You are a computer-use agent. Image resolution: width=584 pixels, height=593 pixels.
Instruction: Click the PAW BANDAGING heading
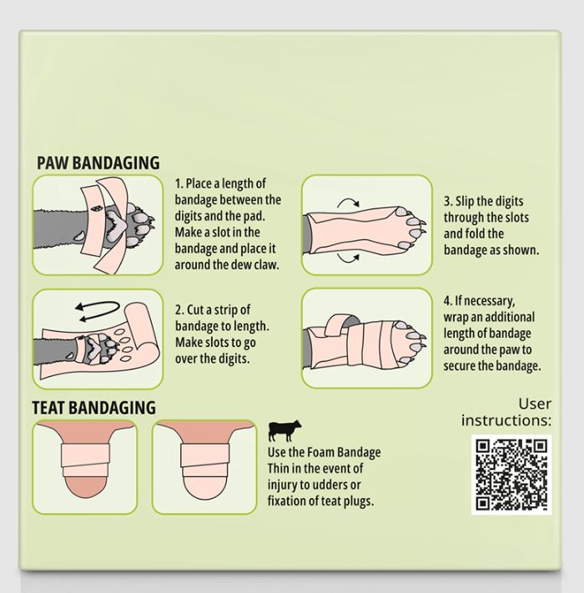click(x=98, y=163)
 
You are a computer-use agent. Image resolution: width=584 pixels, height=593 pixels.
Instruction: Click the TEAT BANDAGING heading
click(x=93, y=408)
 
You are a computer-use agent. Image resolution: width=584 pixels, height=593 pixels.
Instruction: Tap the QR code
click(x=511, y=475)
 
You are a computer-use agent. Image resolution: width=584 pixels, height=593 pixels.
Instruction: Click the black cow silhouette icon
click(x=284, y=430)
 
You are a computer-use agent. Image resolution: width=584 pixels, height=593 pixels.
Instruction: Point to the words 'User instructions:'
click(x=506, y=412)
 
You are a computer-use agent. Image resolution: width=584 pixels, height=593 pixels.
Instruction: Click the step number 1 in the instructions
click(x=179, y=183)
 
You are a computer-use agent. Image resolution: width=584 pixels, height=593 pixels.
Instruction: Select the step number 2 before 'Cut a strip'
click(x=179, y=310)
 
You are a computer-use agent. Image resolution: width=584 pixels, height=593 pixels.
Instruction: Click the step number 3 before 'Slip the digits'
click(x=448, y=201)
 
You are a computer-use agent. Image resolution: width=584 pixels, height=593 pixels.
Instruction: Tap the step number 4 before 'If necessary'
click(x=448, y=301)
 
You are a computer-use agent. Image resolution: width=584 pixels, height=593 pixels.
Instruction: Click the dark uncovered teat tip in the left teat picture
click(x=85, y=486)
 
